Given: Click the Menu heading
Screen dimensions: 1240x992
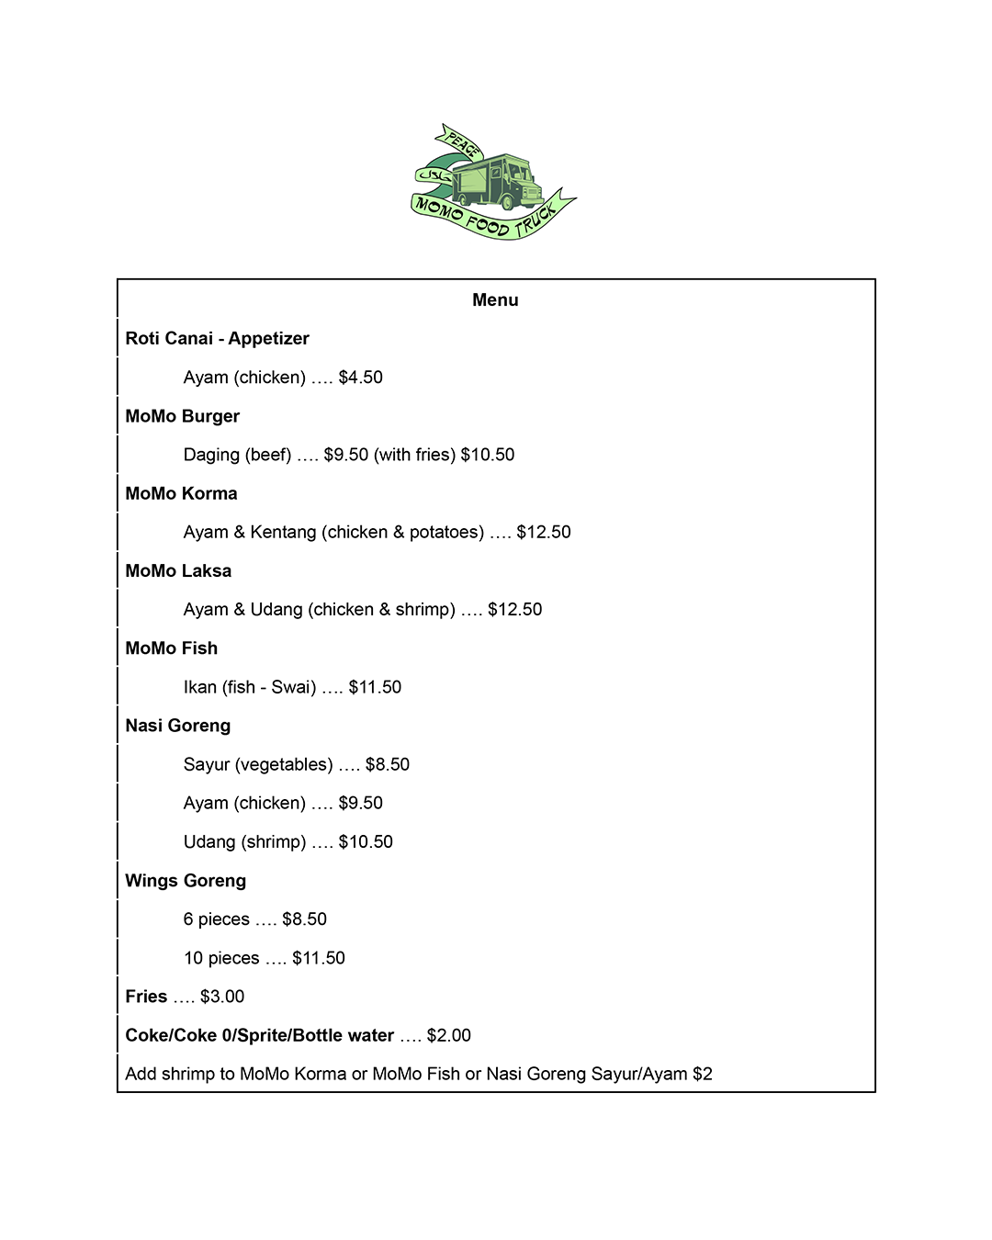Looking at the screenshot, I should coord(495,300).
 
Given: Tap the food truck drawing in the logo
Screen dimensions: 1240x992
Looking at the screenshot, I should coord(497,180).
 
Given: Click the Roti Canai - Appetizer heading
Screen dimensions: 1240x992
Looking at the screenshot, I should coord(217,339).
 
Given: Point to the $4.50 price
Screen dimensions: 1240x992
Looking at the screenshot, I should coord(360,378).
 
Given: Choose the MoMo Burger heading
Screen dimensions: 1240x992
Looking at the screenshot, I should coord(182,416).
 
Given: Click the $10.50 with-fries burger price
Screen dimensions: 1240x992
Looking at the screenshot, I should coord(487,455).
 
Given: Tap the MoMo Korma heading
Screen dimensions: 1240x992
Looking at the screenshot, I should coord(181,493).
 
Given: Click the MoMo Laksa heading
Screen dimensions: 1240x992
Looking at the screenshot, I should coord(178,571).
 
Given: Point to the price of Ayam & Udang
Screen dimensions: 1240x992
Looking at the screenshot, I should coord(514,610).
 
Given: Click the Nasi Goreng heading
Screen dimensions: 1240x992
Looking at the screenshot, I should coord(177,726).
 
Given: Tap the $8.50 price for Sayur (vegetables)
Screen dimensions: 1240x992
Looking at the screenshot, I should coord(387,764).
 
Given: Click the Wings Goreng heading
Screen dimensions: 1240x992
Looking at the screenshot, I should coord(186,881).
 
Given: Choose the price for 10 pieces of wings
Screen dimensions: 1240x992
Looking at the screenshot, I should coord(318,958).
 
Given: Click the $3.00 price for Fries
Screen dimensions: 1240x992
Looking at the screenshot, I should coord(222,997).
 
